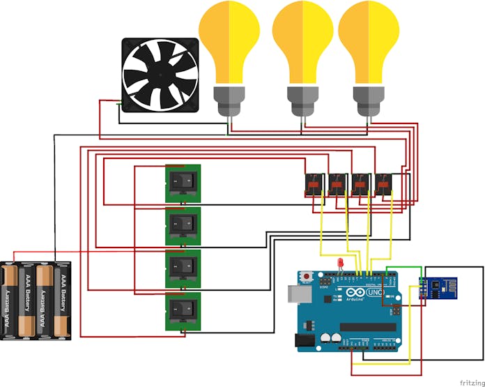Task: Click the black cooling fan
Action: [162, 75]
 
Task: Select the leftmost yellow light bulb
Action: [229, 42]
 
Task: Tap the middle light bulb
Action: [302, 42]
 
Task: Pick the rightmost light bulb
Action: [369, 42]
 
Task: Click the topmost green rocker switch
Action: [183, 183]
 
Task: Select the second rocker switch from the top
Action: [183, 225]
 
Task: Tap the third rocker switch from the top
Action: [183, 268]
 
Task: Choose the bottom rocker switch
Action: [183, 311]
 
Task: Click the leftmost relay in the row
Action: [314, 184]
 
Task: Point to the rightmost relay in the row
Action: [384, 184]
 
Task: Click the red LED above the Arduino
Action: [339, 263]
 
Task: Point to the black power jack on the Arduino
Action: [304, 340]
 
